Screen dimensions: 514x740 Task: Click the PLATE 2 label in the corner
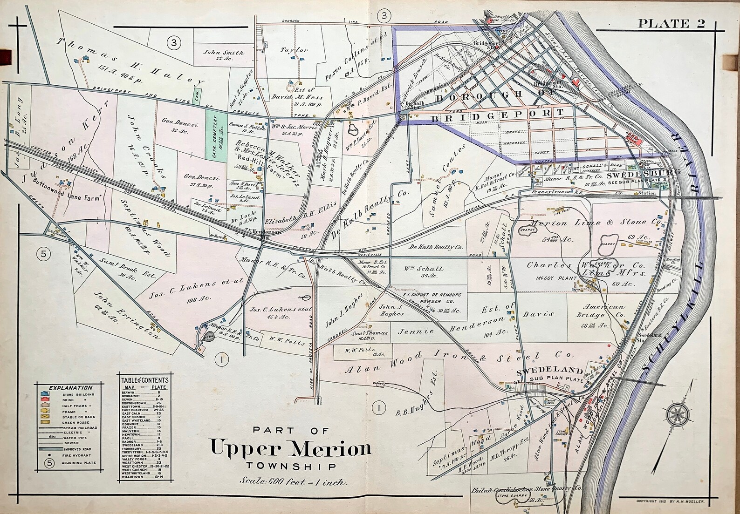pos(671,23)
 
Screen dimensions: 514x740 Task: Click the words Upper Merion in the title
pos(291,448)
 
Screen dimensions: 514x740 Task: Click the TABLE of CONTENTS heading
pos(143,379)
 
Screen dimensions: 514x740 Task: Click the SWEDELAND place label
pos(549,371)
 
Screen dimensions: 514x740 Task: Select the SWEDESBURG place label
pos(644,173)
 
